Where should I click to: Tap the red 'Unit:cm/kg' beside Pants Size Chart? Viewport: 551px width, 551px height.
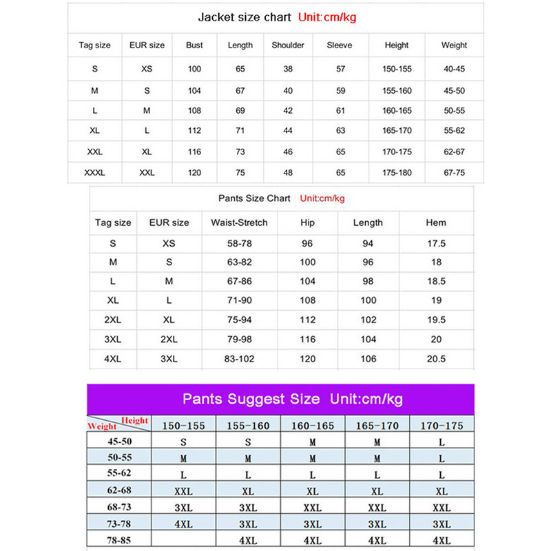pyautogui.click(x=322, y=198)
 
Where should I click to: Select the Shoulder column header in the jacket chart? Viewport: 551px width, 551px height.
pyautogui.click(x=288, y=45)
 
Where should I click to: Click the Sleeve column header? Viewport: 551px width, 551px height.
pyautogui.click(x=340, y=45)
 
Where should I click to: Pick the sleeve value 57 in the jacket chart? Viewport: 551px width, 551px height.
pyautogui.click(x=340, y=69)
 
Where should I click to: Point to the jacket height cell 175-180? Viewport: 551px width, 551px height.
pyautogui.click(x=397, y=172)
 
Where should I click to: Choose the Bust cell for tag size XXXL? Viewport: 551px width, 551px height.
pyautogui.click(x=194, y=172)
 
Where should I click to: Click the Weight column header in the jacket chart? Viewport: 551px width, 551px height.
pyautogui.click(x=454, y=45)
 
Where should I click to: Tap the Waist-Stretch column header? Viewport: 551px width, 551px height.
pyautogui.click(x=239, y=222)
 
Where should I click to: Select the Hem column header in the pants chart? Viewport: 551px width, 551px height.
pyautogui.click(x=436, y=222)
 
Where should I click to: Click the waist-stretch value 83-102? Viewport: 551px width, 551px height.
pyautogui.click(x=239, y=359)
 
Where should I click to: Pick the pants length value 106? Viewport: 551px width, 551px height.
pyautogui.click(x=368, y=359)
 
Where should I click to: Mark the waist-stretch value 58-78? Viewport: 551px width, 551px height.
pyautogui.click(x=239, y=243)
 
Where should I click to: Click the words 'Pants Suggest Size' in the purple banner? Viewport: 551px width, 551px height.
pyautogui.click(x=251, y=399)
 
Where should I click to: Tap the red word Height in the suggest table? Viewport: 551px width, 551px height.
pyautogui.click(x=134, y=420)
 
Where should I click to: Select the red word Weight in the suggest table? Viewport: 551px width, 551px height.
pyautogui.click(x=102, y=427)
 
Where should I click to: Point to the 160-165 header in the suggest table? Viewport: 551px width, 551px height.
pyautogui.click(x=313, y=426)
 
